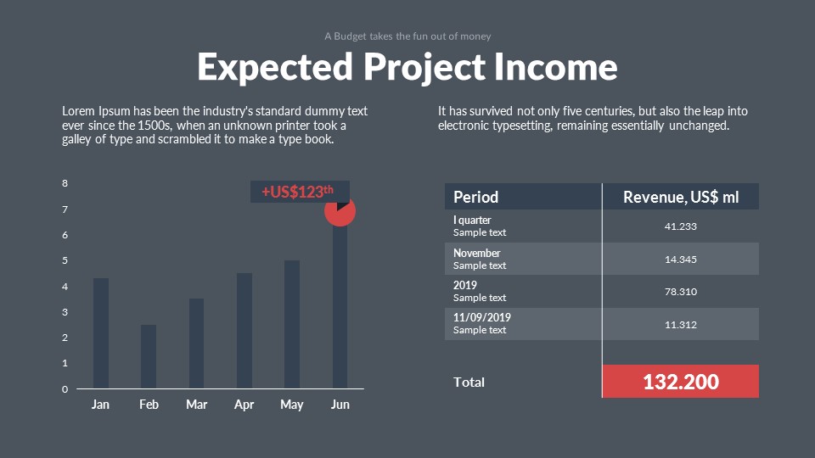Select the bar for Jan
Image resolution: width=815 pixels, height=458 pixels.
coord(100,332)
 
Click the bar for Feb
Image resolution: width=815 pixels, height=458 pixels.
coord(149,356)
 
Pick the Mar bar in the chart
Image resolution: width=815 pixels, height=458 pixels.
coord(196,343)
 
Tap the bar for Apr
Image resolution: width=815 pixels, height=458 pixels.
coord(244,331)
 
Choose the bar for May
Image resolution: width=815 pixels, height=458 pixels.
coord(292,324)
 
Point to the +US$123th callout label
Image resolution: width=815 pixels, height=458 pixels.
coord(298,192)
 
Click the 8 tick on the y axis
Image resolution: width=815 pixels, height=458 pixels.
coord(65,183)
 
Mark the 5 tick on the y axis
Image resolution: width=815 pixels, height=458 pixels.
coord(65,260)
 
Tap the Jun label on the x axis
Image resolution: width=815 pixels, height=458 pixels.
coord(340,405)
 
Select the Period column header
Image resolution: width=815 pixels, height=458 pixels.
coord(476,197)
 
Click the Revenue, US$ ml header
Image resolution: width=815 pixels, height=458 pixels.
coord(681,197)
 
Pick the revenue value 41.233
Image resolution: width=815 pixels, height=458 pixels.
coord(681,226)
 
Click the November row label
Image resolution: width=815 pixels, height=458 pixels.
coord(477,253)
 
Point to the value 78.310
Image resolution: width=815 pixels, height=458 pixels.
coord(681,292)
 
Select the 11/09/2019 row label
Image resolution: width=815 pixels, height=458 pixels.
coord(482,318)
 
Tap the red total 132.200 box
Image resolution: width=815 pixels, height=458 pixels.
coord(681,382)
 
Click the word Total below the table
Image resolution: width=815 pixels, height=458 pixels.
coord(469,383)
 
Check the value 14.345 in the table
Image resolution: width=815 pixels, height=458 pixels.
coord(681,260)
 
